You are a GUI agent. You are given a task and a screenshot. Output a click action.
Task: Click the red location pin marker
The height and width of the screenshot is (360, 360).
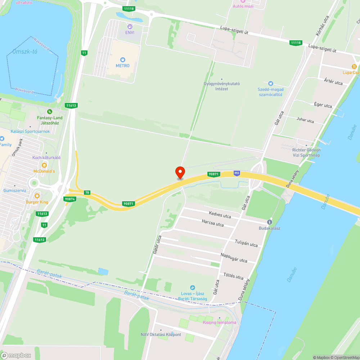180,172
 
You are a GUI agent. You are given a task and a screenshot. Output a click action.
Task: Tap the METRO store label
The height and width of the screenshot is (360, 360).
122,66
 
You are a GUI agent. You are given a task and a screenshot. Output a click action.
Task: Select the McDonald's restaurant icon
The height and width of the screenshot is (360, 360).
44,165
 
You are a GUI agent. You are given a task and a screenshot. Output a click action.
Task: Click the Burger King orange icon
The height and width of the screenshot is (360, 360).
37,196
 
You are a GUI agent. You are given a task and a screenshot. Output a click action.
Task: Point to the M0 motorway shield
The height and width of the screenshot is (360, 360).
237,173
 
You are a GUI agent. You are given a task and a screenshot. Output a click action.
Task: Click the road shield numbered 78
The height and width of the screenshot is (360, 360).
87,193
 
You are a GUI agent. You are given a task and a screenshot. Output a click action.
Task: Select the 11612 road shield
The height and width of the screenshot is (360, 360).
40,239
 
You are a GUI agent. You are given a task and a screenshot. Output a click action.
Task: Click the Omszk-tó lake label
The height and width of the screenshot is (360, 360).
25,51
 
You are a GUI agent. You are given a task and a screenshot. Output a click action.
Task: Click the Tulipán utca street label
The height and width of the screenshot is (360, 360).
246,243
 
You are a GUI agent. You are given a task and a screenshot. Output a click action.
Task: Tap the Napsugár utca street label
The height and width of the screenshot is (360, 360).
234,258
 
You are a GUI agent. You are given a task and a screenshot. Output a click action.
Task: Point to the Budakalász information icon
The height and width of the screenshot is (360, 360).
269,222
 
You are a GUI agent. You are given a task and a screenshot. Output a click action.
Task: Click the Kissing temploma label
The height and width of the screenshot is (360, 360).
220,322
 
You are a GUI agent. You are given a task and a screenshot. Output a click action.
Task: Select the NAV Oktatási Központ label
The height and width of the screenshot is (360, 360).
161,334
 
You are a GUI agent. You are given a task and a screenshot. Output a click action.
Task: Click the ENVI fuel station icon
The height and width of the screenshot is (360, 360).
130,26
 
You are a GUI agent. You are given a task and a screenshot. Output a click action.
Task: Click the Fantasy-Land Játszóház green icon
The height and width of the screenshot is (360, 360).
50,112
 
